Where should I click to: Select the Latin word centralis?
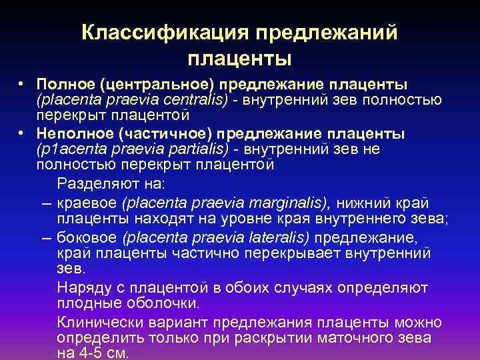pos(193,100)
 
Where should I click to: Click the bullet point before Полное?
pos(22,85)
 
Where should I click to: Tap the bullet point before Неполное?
pos(22,133)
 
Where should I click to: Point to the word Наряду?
pos(80,287)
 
